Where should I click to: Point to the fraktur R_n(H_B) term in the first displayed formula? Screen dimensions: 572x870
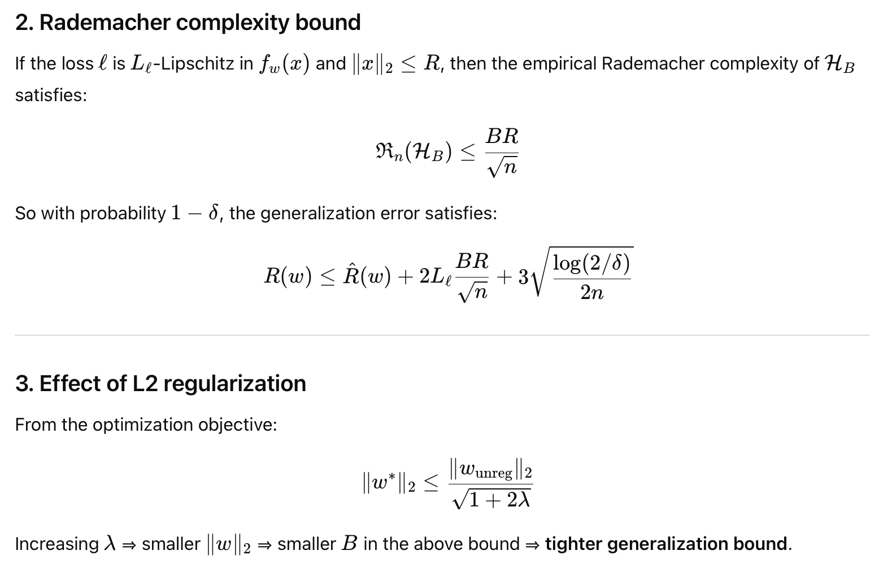(414, 151)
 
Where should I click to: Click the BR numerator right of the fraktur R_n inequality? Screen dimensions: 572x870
(502, 136)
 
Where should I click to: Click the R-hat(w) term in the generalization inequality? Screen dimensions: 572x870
(367, 276)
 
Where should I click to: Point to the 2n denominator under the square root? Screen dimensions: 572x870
(591, 293)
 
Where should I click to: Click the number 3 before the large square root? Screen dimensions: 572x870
(523, 277)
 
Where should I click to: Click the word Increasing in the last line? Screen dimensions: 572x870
(56, 544)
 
